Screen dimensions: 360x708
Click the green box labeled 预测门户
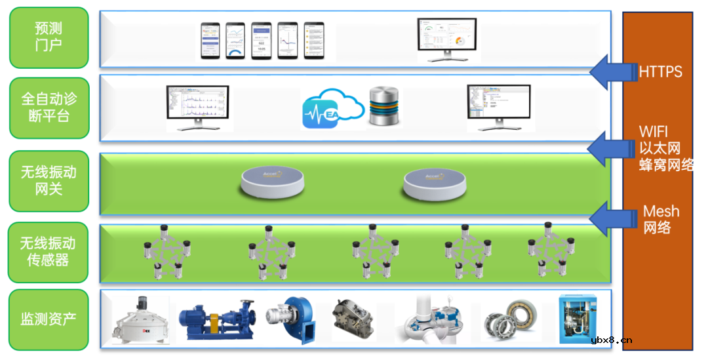49,37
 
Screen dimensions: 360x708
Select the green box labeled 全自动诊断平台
49,108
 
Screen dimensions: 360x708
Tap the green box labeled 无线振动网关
49,181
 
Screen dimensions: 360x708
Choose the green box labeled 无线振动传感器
49,252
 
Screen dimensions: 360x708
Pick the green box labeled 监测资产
49,319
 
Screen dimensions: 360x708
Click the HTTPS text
660,71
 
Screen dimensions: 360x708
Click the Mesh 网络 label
661,220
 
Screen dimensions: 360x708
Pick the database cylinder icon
384,106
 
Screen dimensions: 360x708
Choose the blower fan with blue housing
290,319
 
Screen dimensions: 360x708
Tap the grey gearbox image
353,317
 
